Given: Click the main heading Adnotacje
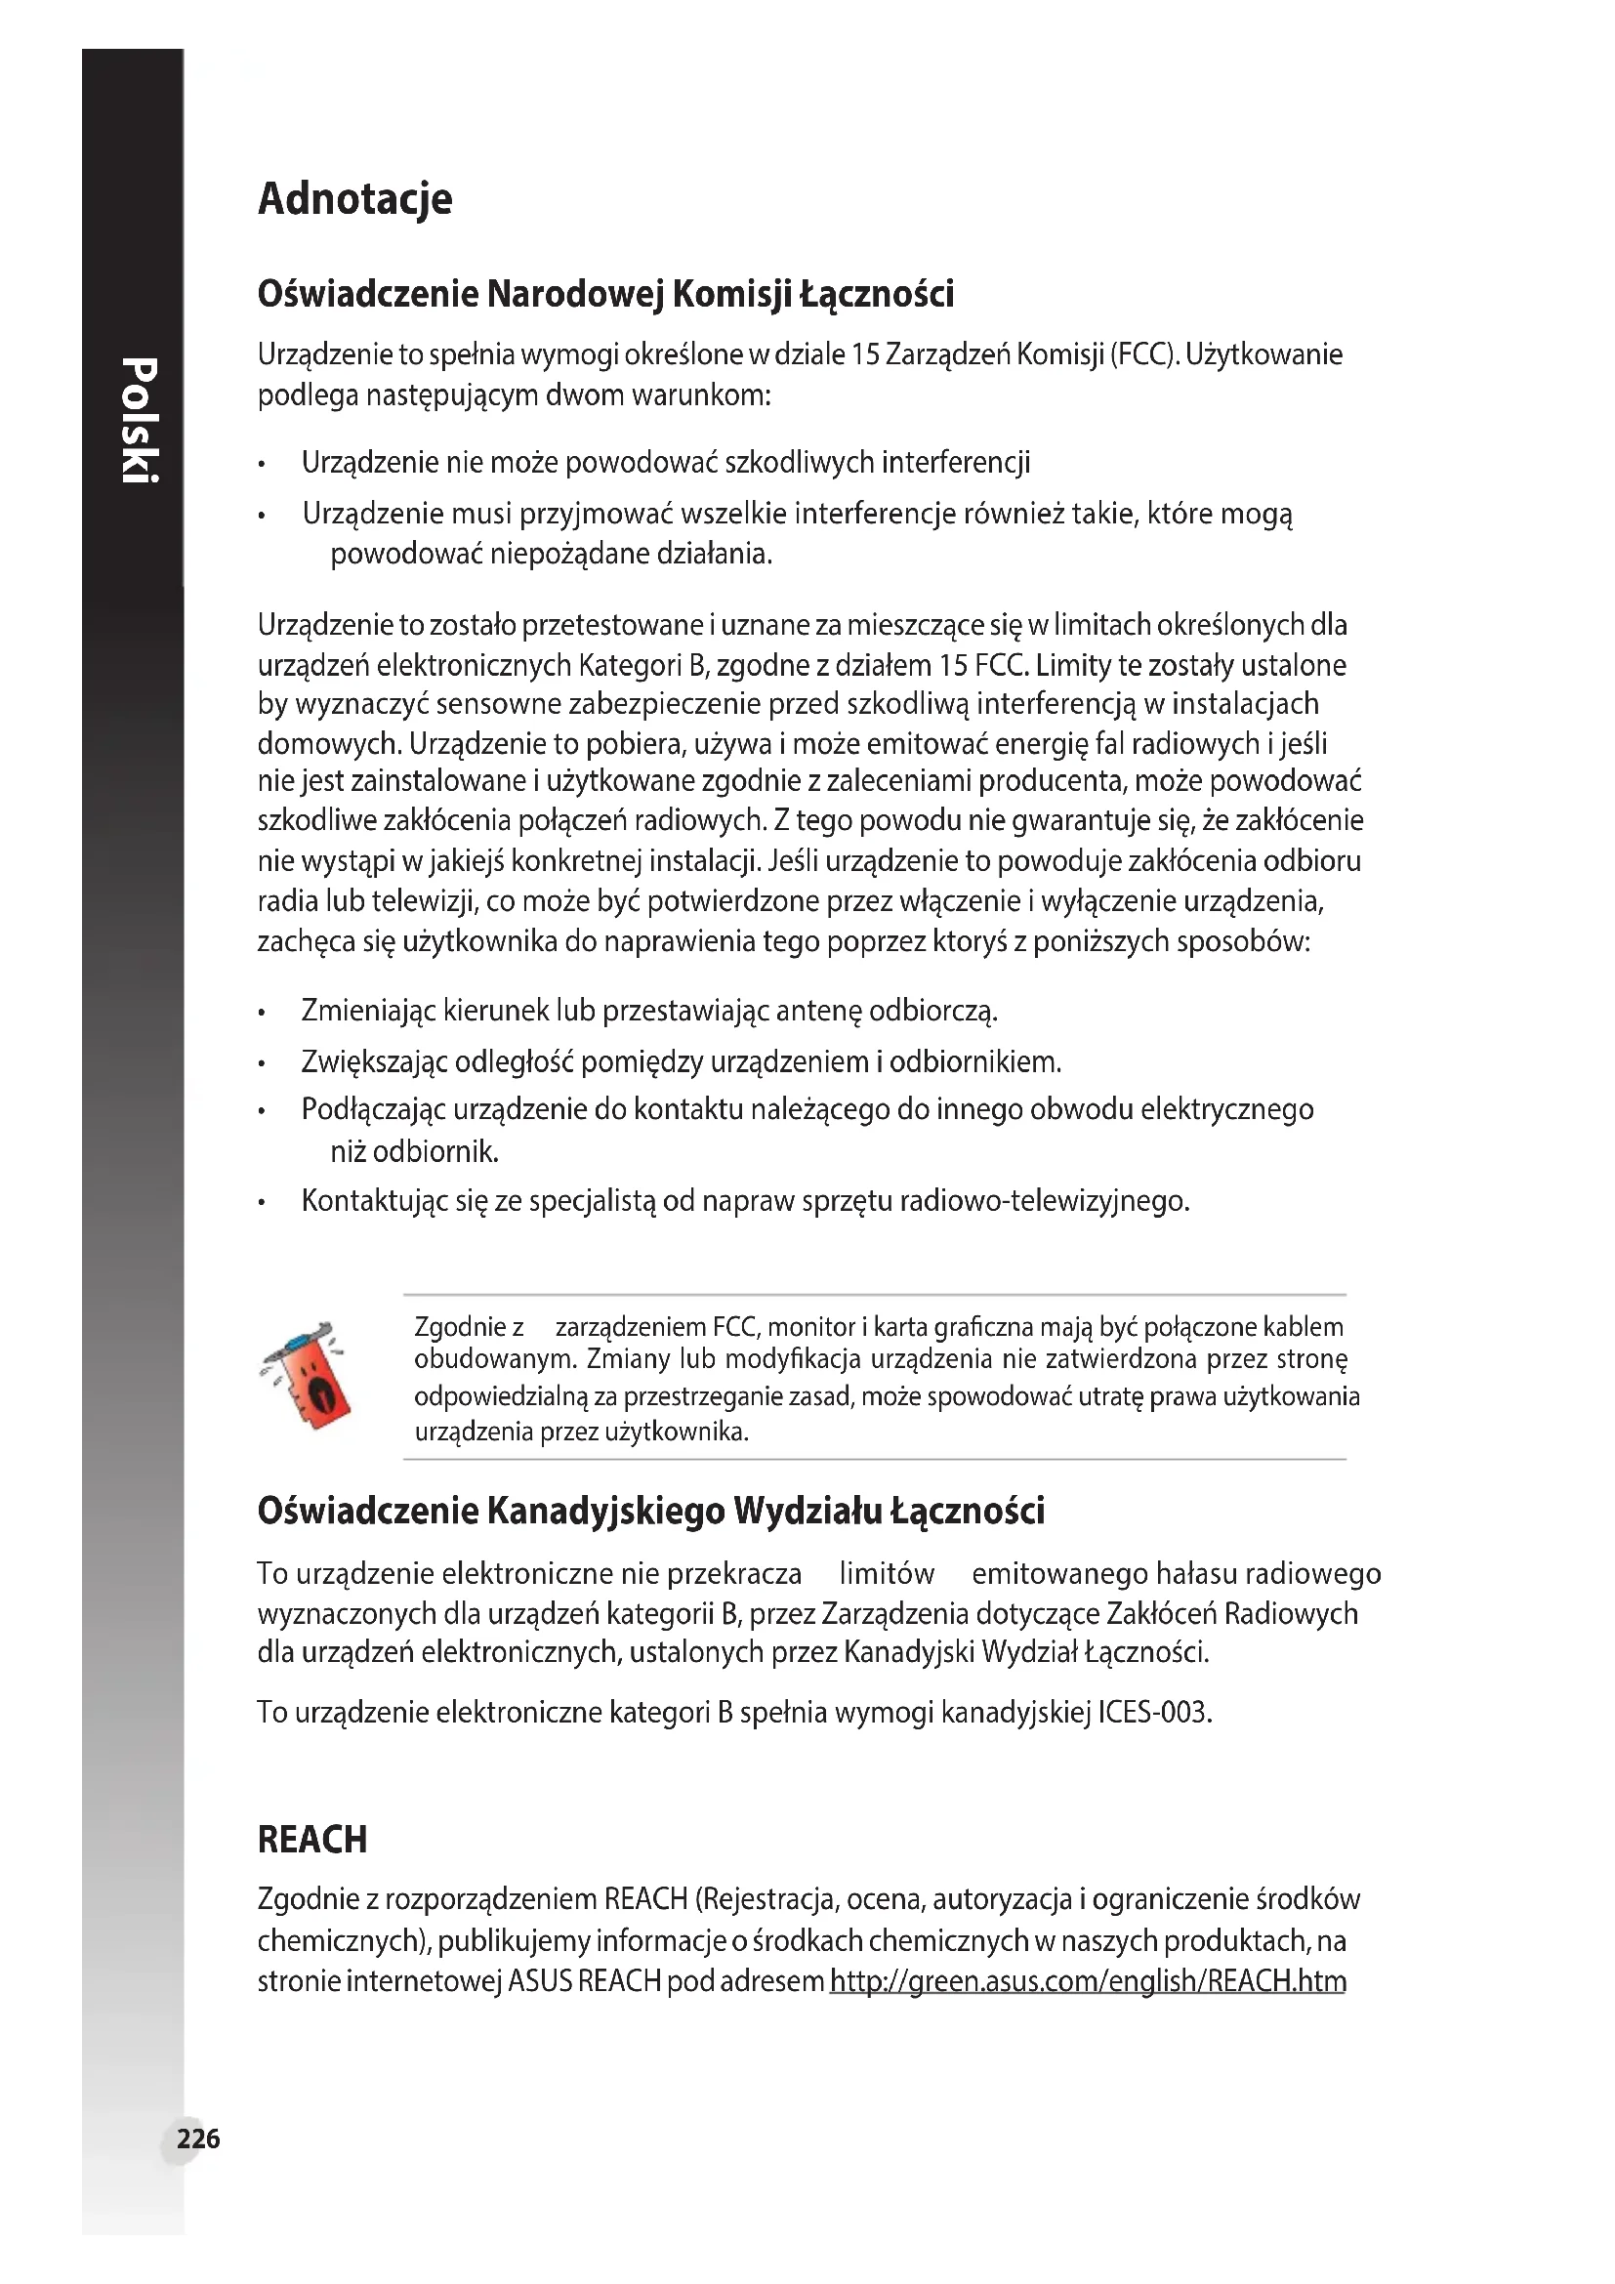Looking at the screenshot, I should tap(355, 200).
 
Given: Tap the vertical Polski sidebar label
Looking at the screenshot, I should tap(140, 420).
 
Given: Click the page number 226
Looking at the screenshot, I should tap(198, 2139).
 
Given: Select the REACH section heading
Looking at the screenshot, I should tap(312, 1840).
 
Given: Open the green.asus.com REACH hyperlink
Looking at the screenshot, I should tap(1088, 1981).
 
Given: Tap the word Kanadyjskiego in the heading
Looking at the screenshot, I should tap(604, 1512).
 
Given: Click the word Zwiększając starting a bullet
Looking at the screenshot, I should tap(374, 1062).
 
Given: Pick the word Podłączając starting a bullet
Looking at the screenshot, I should tap(373, 1109).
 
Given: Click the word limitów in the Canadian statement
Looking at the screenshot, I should tap(886, 1574).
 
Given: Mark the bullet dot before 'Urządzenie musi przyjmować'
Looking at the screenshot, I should tap(262, 517).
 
